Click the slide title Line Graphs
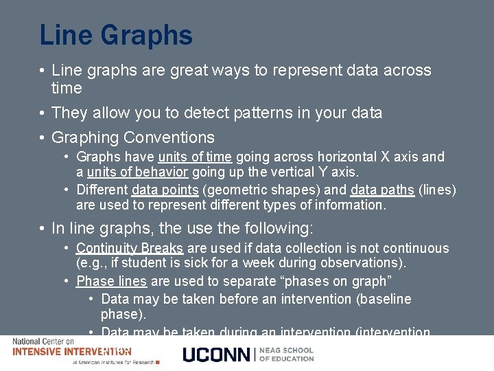[x=116, y=35]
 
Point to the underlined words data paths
[x=382, y=190]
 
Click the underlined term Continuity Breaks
[x=130, y=248]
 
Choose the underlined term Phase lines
[x=111, y=281]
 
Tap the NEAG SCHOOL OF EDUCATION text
[x=286, y=355]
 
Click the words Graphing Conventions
[x=133, y=137]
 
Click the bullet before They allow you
[x=43, y=113]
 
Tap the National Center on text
[x=43, y=341]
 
